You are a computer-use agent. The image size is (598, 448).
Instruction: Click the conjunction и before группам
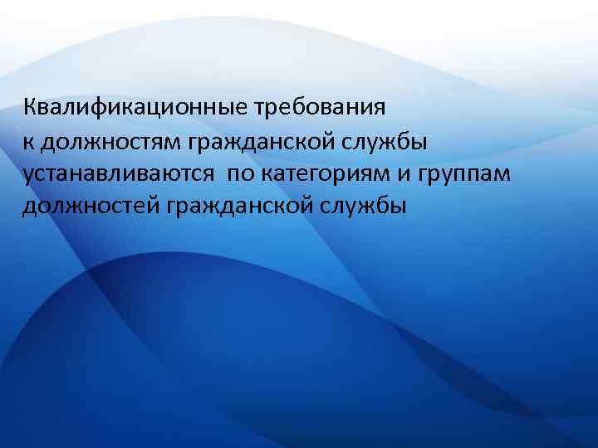418,174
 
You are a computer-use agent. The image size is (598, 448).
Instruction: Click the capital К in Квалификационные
30,107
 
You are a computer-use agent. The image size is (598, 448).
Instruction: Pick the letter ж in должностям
82,142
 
